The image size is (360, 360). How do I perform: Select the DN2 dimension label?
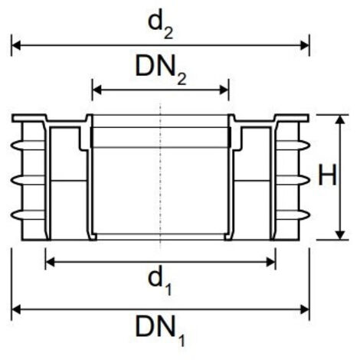tap(161, 69)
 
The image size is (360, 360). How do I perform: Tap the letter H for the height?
tap(327, 178)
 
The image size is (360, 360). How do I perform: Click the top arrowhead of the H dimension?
tap(338, 118)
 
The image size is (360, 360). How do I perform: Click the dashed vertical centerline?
tap(160, 176)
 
